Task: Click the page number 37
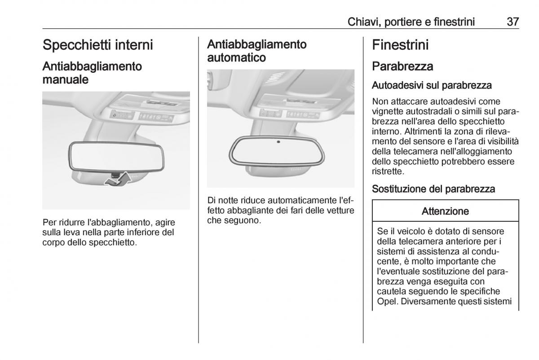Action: coord(513,22)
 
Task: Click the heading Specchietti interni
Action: coord(98,45)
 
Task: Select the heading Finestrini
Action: coord(400,45)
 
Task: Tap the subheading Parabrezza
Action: coord(402,66)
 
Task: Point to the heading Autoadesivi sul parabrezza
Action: coord(432,85)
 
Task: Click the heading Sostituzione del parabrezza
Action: coord(433,189)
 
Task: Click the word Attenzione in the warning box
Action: coord(445,211)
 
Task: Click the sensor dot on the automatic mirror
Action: coord(278,142)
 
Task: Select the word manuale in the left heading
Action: coord(66,79)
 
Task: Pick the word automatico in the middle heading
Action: coord(237,58)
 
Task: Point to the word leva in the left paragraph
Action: coord(72,233)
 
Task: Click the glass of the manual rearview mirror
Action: coord(116,156)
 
